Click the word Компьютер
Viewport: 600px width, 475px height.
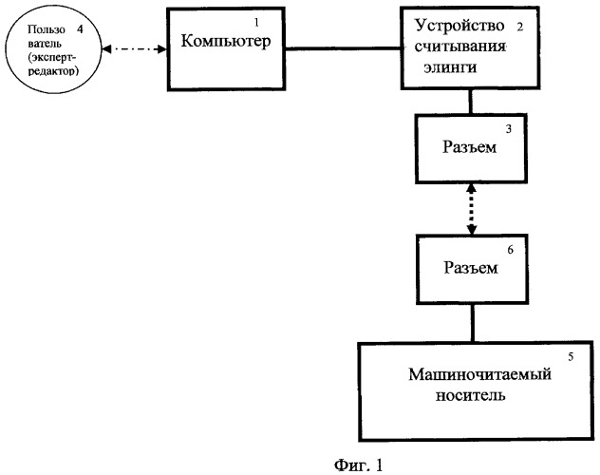226,42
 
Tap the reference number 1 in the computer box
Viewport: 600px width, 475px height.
256,23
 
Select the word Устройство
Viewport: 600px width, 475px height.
459,26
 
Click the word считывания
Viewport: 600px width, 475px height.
460,47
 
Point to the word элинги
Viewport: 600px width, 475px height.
450,67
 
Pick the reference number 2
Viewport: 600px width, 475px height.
519,27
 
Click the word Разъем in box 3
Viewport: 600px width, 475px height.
470,147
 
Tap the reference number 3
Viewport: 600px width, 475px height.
509,129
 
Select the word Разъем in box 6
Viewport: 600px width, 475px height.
471,268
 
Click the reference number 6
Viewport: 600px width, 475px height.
510,250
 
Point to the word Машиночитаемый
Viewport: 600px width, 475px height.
480,374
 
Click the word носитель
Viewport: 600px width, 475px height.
470,395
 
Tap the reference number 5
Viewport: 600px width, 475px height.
571,357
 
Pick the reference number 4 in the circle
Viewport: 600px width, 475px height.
80,29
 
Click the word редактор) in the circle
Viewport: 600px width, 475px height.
53,71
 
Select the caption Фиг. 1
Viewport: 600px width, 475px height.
358,465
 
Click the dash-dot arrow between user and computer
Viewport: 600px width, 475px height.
135,49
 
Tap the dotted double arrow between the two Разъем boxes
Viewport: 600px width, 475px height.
472,209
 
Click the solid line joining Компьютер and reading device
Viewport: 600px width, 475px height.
343,48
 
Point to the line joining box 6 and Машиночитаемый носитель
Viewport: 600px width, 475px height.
473,323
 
